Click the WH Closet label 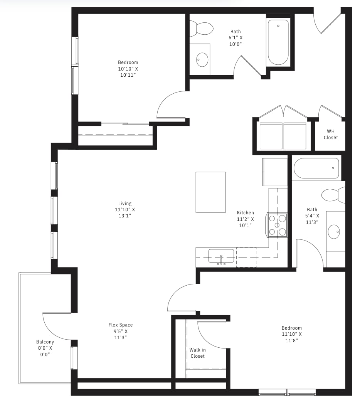(331, 134)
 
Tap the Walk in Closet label (198, 353)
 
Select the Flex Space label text (121, 325)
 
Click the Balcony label (45, 342)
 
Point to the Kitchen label (245, 212)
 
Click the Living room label (125, 203)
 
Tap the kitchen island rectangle (210, 192)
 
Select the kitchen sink (221, 256)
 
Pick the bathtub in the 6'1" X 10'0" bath (278, 42)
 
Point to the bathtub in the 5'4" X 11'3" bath (316, 168)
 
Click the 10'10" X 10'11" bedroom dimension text (128, 72)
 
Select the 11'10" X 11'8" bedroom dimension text (291, 337)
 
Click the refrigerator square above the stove (275, 172)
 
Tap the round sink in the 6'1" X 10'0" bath (202, 60)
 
